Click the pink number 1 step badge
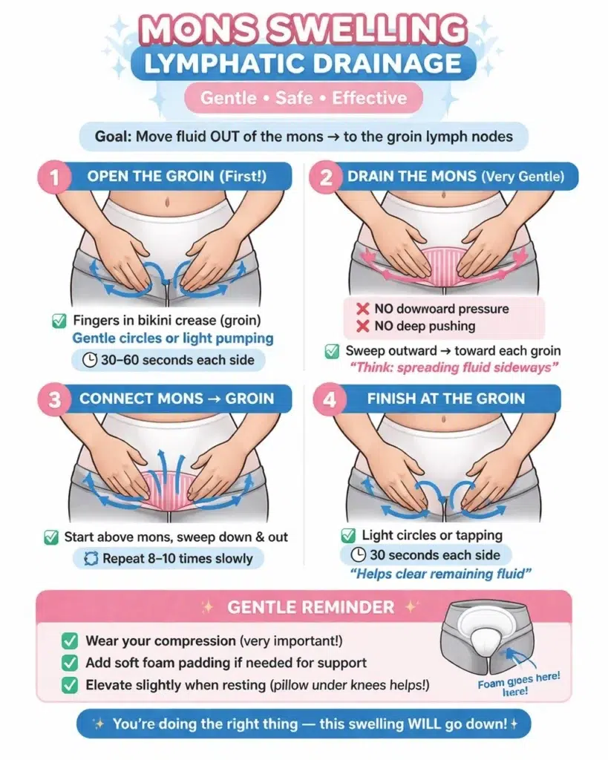(54, 177)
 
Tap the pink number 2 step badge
(326, 177)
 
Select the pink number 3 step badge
(54, 400)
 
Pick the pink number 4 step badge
(329, 400)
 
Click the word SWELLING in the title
(367, 29)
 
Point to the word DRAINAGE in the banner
(387, 64)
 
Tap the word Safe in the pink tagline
(294, 98)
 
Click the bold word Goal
(113, 137)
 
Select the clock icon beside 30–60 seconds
(89, 360)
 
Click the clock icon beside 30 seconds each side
(359, 554)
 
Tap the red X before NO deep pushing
(363, 327)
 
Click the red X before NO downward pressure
(363, 309)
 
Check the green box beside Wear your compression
(70, 641)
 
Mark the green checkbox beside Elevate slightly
(70, 685)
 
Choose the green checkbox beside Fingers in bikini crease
(59, 321)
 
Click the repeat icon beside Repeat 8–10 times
(91, 558)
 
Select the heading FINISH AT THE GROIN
(446, 399)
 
